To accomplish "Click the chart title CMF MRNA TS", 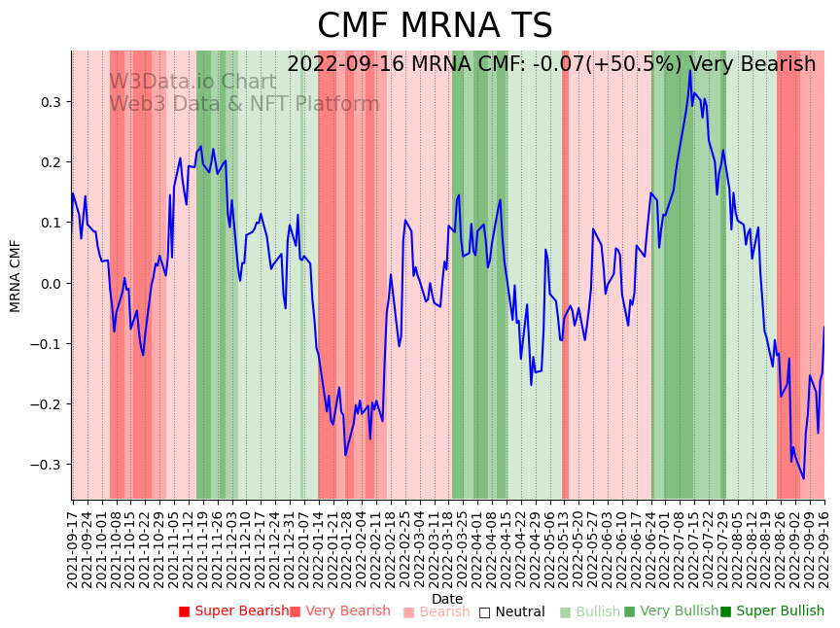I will click(435, 26).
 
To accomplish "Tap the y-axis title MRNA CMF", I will click(16, 275).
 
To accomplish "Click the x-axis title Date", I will click(447, 599).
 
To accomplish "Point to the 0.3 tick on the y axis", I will click(51, 102).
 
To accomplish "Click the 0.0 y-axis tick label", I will click(51, 284).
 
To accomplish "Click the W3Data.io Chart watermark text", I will click(192, 82).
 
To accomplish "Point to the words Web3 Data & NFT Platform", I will click(244, 104).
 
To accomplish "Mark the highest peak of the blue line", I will click(690, 70).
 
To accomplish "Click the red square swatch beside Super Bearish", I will click(184, 611).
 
